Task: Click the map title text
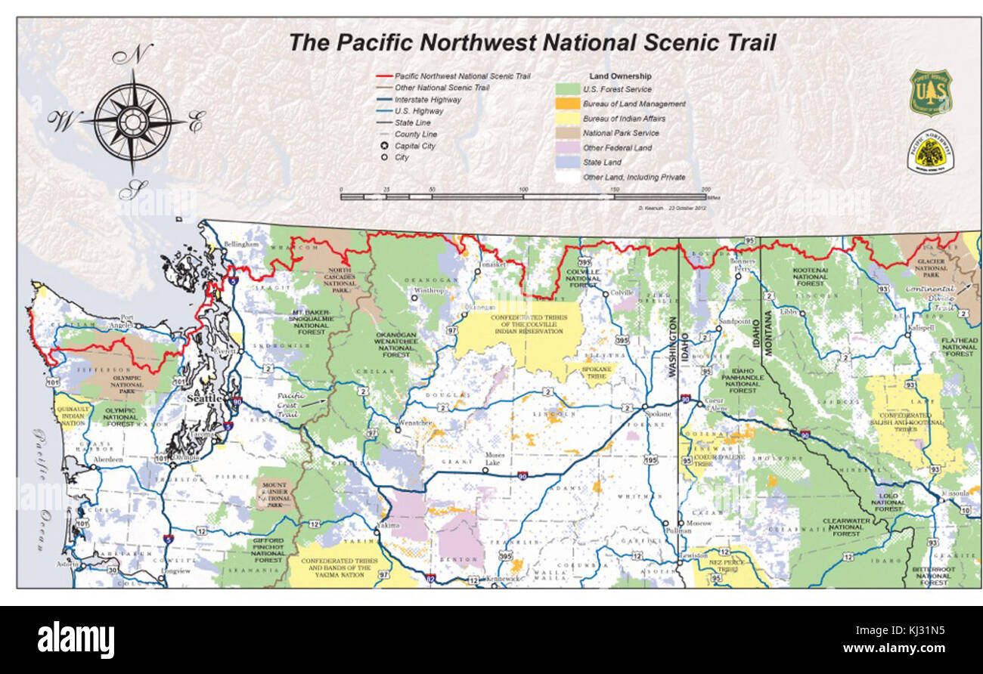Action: pos(532,42)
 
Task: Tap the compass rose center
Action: pos(134,121)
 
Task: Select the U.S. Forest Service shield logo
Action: pos(930,92)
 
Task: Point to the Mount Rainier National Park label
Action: pos(274,495)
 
